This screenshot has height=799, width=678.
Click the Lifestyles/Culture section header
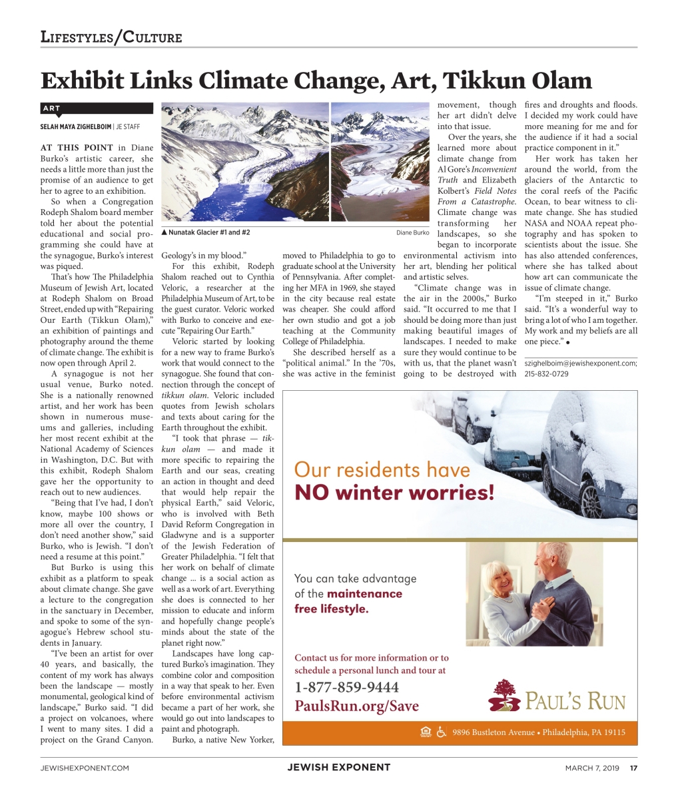[x=111, y=37]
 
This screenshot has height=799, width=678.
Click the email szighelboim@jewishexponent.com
[x=580, y=364]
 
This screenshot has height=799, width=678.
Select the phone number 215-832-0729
[x=547, y=374]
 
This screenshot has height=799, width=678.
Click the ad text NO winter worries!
[x=395, y=493]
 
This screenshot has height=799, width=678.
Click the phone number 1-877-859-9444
[x=347, y=687]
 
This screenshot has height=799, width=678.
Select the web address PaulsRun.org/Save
[x=357, y=706]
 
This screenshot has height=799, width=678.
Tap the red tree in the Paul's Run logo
[x=505, y=689]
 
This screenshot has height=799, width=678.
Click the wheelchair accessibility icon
[x=441, y=732]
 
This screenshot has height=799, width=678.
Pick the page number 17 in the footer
[x=634, y=768]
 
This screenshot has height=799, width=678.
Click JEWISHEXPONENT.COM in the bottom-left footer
[x=85, y=768]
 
